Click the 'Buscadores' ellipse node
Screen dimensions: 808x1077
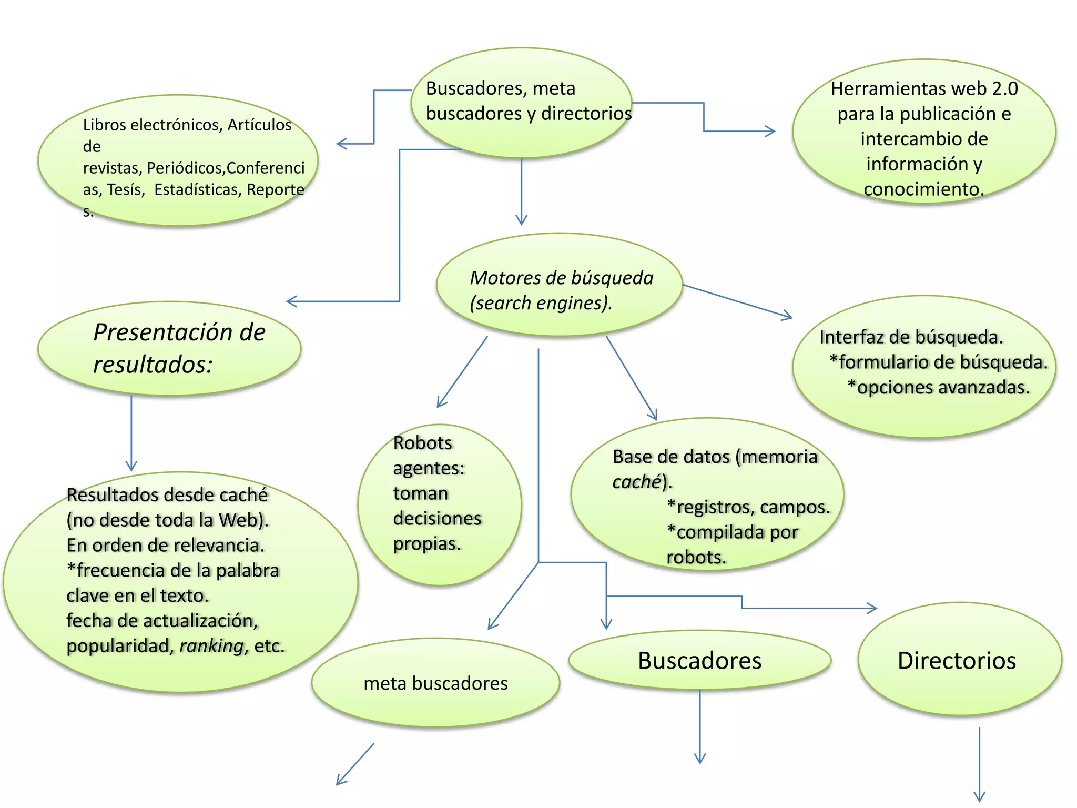point(699,660)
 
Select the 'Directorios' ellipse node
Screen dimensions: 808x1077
point(959,660)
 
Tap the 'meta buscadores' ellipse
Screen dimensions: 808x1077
point(435,683)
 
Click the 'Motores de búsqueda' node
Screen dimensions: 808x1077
point(560,285)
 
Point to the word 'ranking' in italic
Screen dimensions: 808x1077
point(212,645)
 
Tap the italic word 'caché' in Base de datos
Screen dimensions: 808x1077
point(636,481)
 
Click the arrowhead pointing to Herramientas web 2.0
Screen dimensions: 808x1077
point(771,131)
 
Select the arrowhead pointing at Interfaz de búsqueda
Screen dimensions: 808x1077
point(787,316)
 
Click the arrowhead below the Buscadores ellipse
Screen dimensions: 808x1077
point(700,759)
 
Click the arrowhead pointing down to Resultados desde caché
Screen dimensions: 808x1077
point(131,466)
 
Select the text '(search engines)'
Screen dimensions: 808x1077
point(541,303)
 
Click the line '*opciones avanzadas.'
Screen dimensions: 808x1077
point(938,387)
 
